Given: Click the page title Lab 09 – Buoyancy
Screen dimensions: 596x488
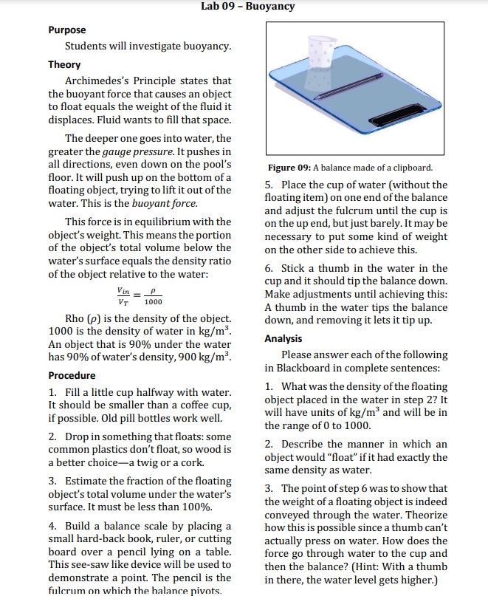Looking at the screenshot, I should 247,7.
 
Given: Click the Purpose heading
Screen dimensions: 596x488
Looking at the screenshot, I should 67,30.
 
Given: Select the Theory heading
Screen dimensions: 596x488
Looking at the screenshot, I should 65,64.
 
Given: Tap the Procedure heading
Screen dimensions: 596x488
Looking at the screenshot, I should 72,374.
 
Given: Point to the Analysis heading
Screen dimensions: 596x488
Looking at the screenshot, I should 283,338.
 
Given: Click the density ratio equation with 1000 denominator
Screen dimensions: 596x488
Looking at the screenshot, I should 140,297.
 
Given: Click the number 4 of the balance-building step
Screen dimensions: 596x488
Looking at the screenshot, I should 52,527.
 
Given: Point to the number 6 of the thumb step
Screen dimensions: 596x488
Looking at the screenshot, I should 269,269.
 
